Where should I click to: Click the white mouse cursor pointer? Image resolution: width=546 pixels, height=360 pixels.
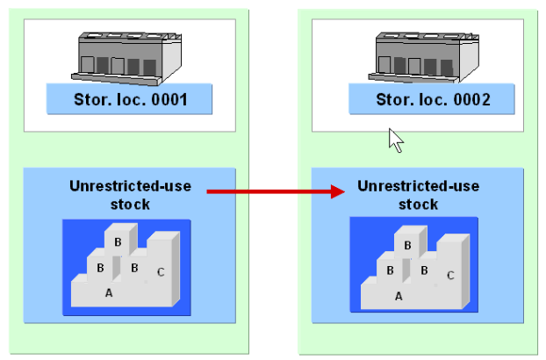[395, 140]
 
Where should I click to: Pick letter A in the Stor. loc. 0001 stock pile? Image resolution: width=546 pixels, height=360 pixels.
[109, 293]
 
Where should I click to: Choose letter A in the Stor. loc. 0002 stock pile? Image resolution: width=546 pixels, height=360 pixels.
[399, 296]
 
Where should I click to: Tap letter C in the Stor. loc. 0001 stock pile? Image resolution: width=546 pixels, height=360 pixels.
[160, 271]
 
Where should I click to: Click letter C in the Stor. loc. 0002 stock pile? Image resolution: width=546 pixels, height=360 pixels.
[449, 275]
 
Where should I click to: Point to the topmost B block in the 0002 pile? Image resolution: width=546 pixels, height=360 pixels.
[407, 245]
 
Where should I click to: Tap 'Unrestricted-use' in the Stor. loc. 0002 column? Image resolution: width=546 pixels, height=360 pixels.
[418, 186]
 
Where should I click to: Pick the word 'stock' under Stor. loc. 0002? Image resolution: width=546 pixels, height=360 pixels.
[418, 204]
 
